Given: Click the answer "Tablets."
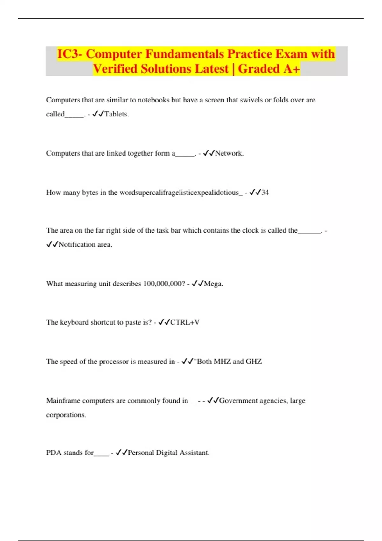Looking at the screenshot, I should pos(117,114).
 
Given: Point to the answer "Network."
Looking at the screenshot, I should pos(229,153).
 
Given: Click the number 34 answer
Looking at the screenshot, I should pos(265,193).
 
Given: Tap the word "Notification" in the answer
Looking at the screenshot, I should pos(77,245).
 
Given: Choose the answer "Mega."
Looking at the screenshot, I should pos(213,284).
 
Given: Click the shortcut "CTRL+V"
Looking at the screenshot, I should pos(185,322).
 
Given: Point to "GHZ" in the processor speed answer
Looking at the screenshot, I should pos(254,362).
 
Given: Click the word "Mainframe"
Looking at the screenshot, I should pos(63,401).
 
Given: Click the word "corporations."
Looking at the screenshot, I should pos(66,415).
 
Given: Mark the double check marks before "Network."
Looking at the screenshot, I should pos(209,153).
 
